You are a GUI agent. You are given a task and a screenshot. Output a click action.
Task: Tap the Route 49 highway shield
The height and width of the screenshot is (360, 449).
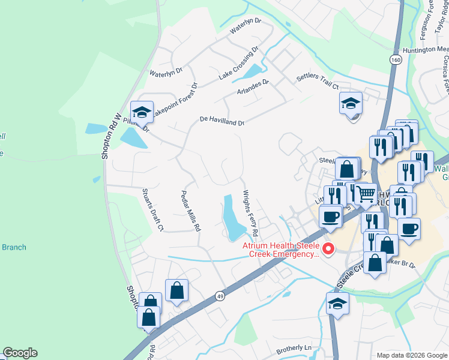pyautogui.click(x=220, y=296)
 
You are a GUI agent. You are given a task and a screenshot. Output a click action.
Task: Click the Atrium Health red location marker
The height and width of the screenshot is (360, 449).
pyautogui.click(x=328, y=248)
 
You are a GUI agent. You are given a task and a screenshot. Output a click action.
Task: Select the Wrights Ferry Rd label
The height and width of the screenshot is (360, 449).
pyautogui.click(x=250, y=212)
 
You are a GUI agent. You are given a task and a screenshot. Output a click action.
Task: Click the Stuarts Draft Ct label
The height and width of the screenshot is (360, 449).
pyautogui.click(x=152, y=209)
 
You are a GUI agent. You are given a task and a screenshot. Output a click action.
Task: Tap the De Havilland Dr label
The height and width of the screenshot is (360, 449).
pyautogui.click(x=222, y=122)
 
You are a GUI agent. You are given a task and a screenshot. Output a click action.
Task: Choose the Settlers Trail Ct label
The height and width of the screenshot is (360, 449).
pyautogui.click(x=318, y=82)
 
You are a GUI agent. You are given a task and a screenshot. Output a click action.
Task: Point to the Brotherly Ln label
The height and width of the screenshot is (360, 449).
pyautogui.click(x=295, y=349)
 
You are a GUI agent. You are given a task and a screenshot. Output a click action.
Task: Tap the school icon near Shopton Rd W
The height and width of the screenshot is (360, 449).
pyautogui.click(x=142, y=112)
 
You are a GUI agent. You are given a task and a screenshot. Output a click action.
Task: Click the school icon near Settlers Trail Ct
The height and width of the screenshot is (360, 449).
pyautogui.click(x=351, y=103)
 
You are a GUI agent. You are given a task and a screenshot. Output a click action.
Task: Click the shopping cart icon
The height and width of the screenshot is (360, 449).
pyautogui.click(x=366, y=194)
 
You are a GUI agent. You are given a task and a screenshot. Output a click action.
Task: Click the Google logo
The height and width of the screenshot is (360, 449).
pyautogui.click(x=20, y=353)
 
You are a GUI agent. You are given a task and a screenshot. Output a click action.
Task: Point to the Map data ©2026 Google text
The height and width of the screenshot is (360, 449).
pyautogui.click(x=411, y=355)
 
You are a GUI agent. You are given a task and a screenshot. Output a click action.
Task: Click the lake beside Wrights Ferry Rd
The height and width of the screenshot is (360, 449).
pyautogui.click(x=232, y=218)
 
